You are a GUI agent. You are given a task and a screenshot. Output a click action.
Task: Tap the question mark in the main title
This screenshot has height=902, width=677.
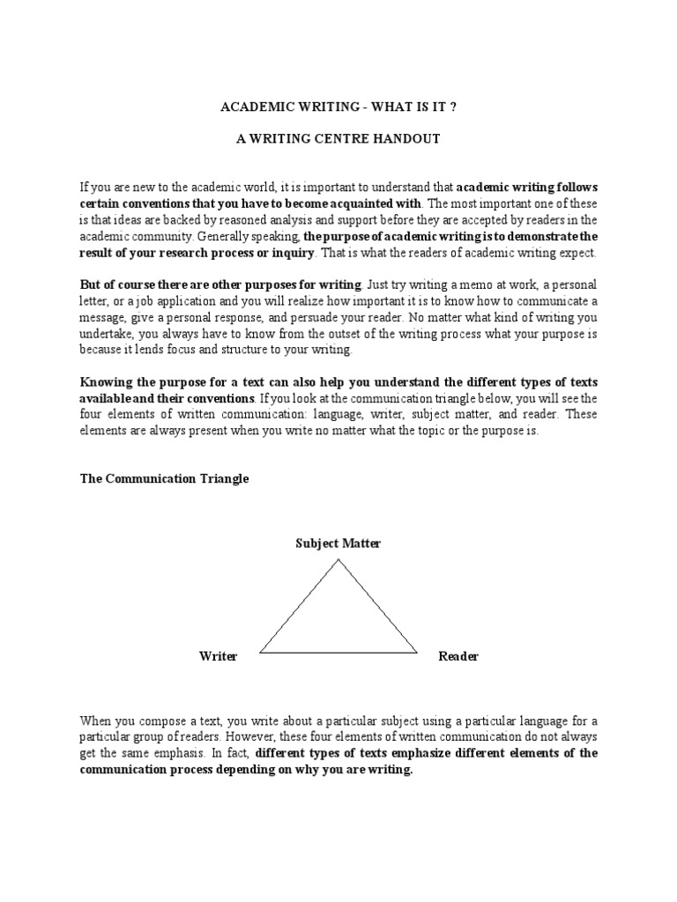coord(453,107)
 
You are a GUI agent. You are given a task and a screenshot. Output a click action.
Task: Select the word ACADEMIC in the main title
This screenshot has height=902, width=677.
coord(251,107)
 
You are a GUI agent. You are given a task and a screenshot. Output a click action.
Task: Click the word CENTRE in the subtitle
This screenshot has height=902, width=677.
coord(364,139)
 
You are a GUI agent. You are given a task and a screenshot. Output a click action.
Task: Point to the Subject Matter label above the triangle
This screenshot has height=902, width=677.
coord(338,543)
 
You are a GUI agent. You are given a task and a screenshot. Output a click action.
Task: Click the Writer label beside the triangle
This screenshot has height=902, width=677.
coord(218,656)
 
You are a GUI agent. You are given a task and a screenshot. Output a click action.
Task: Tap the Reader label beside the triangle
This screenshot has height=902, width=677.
coord(458,656)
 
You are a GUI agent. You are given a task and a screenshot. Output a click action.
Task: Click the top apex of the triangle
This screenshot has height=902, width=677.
coord(338,559)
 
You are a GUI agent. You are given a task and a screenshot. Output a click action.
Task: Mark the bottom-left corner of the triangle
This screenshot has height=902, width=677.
coord(260,653)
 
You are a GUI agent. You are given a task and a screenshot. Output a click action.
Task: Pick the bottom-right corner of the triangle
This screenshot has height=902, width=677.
coord(417,653)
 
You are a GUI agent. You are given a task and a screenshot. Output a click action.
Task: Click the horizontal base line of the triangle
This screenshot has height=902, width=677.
coord(338,653)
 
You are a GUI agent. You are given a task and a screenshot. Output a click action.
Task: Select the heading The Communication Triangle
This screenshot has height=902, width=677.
coord(165,478)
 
